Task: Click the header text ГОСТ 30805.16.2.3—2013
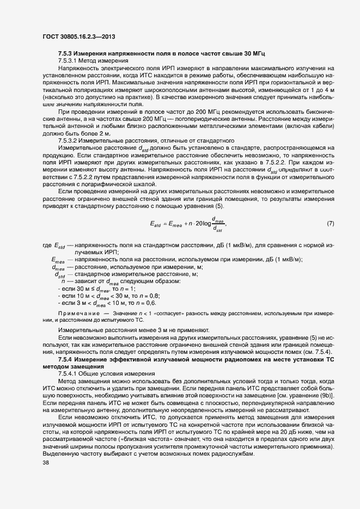pos(81,37)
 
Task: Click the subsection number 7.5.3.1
pos(69,62)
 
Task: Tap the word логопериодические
pos(187,119)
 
